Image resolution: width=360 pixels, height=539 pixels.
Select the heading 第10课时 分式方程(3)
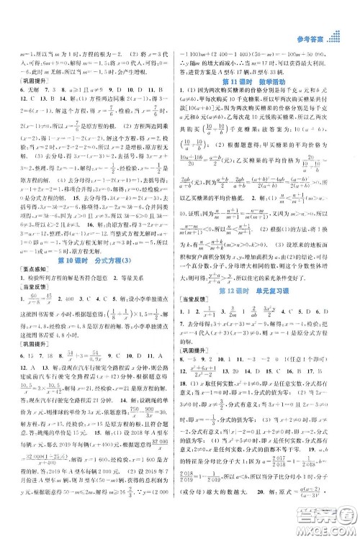point(95,240)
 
